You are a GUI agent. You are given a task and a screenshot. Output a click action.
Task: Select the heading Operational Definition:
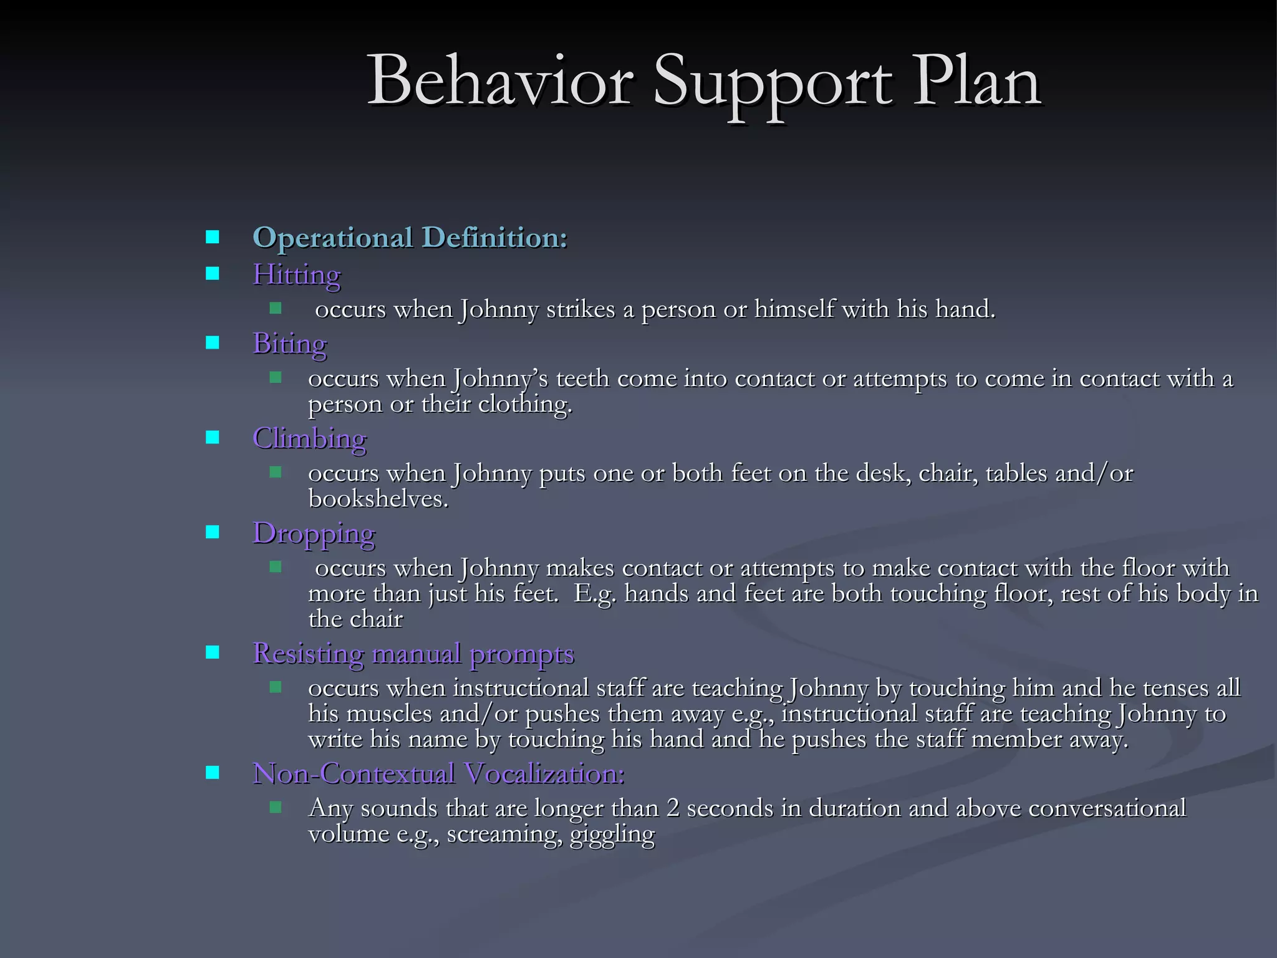click(410, 238)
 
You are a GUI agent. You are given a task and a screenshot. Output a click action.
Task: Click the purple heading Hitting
click(296, 274)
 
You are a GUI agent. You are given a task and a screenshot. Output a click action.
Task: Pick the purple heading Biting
click(289, 344)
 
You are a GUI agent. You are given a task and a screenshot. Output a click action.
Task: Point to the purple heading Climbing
click(309, 438)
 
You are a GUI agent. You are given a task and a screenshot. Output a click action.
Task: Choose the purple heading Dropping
click(314, 533)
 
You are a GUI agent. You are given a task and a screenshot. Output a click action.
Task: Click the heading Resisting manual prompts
click(413, 654)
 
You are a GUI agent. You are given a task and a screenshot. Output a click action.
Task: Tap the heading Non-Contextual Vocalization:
click(438, 774)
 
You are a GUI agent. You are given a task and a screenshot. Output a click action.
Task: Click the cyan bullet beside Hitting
click(213, 273)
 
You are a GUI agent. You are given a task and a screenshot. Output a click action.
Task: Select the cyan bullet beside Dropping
click(213, 532)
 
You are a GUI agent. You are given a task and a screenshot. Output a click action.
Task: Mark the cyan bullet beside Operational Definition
click(213, 237)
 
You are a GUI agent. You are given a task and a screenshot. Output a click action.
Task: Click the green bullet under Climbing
click(276, 472)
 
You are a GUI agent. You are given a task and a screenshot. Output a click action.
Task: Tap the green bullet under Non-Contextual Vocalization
click(276, 807)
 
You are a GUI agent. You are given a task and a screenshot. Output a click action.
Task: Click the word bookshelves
click(378, 499)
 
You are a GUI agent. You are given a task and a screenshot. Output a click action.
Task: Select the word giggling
click(612, 834)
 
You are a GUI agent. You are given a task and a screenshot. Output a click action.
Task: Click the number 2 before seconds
click(672, 808)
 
